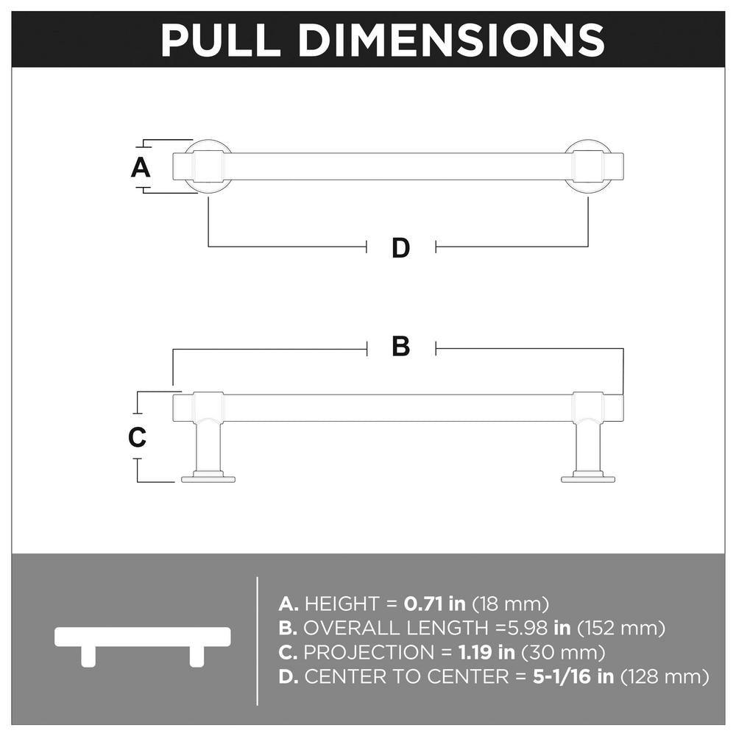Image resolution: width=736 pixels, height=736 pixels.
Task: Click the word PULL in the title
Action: tap(220, 40)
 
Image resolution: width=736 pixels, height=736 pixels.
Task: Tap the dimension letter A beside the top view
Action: tap(141, 168)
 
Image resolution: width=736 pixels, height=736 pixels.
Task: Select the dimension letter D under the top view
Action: tap(401, 248)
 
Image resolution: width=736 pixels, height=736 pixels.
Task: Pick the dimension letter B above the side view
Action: tap(401, 347)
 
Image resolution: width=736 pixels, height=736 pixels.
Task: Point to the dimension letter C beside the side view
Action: tap(137, 437)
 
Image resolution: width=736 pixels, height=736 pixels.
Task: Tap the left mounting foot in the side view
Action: tap(208, 479)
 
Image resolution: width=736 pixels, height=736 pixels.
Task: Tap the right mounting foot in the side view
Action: tap(588, 479)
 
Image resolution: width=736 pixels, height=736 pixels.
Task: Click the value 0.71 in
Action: tap(435, 604)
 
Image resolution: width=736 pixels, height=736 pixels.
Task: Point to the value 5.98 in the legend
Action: tap(528, 628)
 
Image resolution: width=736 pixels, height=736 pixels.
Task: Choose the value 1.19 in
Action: tap(486, 652)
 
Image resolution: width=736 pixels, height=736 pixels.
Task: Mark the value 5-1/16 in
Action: tap(573, 677)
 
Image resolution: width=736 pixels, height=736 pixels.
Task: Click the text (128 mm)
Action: tap(665, 677)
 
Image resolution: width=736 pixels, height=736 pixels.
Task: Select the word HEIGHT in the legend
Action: tap(342, 604)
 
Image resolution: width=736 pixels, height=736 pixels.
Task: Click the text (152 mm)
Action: tap(621, 628)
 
